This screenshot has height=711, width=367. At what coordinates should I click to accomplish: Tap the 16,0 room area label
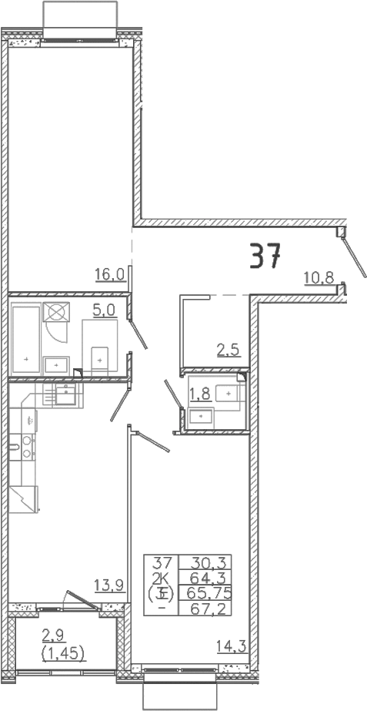pyautogui.click(x=110, y=274)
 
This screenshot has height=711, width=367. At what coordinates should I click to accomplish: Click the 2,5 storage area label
pyautogui.click(x=228, y=350)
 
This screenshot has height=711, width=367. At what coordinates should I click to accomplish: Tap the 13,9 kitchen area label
pyautogui.click(x=109, y=586)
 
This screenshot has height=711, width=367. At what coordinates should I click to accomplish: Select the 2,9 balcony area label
pyautogui.click(x=54, y=635)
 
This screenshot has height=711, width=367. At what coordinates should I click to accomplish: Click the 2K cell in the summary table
pyautogui.click(x=162, y=577)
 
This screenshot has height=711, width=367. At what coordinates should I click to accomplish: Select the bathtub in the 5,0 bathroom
pyautogui.click(x=26, y=341)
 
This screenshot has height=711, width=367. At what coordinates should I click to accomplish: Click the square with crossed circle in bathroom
pyautogui.click(x=56, y=312)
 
